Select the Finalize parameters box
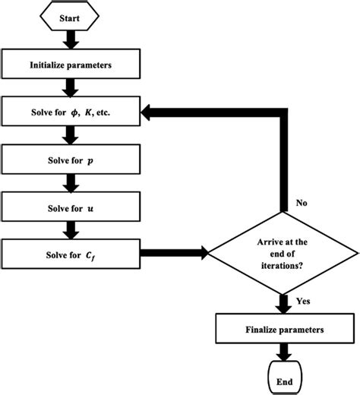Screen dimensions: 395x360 click(x=283, y=330)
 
